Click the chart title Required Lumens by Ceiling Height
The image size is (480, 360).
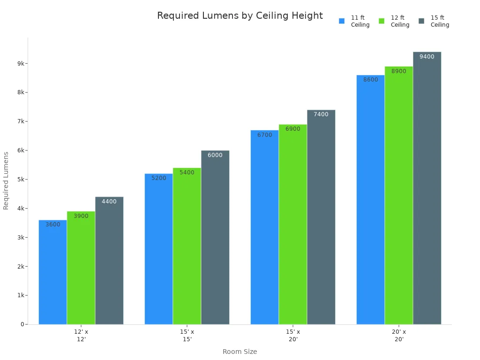click(x=240, y=16)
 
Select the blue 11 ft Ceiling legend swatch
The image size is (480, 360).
click(x=342, y=21)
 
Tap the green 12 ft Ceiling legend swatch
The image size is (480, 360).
click(x=382, y=21)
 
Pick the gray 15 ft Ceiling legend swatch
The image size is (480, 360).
click(x=421, y=21)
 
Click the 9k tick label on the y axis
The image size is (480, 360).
click(x=21, y=63)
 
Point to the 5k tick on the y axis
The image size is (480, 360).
click(x=21, y=180)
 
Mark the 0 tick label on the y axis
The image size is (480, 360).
click(x=22, y=324)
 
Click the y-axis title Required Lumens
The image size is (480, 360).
click(x=6, y=180)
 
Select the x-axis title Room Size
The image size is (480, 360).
click(x=240, y=352)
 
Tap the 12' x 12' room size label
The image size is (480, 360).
click(x=81, y=335)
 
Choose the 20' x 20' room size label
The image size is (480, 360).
click(x=399, y=335)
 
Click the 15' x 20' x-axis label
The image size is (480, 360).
click(x=293, y=335)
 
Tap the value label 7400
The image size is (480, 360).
click(x=321, y=114)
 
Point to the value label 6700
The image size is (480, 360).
click(x=264, y=135)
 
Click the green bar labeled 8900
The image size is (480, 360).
click(x=399, y=197)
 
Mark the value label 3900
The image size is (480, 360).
click(x=81, y=216)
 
